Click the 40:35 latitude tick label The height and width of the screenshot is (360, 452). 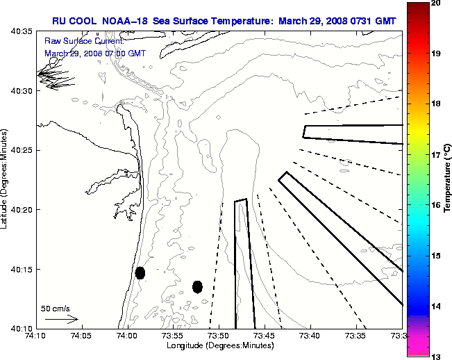pos(22,32)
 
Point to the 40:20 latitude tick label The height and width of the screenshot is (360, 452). pos(22,210)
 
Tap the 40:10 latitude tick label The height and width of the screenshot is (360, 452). pos(22,328)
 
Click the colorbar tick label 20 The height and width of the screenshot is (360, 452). pos(436,3)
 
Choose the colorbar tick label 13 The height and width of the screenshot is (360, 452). pos(436,357)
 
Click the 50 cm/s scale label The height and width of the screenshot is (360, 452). pos(56,308)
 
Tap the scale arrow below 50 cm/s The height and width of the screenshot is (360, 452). pos(61,320)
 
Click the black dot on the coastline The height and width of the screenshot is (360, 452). pos(140,272)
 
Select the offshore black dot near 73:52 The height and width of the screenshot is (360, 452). pos(197,286)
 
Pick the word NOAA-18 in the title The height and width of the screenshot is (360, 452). pos(126,21)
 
